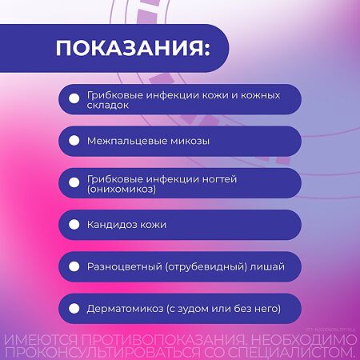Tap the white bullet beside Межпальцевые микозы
click(74, 141)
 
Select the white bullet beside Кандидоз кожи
click(74, 225)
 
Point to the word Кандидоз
click(112, 225)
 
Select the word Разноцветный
click(124, 266)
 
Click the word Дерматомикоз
click(123, 308)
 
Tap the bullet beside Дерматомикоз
click(74, 308)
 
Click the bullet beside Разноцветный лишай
click(74, 266)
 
